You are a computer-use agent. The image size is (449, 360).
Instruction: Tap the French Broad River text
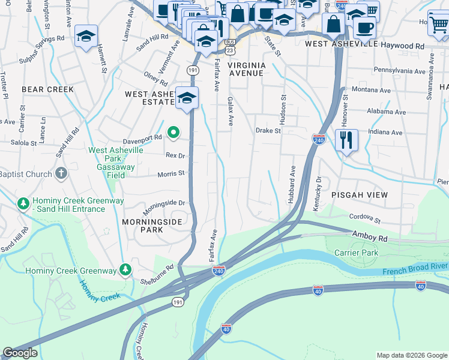click(x=415, y=265)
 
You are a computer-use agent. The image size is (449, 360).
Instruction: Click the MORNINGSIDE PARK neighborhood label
click(x=160, y=226)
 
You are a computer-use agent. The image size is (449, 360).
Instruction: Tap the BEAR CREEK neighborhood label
click(x=47, y=89)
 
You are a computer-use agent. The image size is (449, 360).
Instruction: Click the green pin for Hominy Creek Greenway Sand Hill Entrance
click(x=23, y=204)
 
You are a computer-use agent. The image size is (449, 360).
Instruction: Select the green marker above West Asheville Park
click(x=173, y=133)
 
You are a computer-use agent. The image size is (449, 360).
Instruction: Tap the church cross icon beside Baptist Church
click(x=61, y=174)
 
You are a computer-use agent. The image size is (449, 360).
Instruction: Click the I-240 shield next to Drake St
click(x=319, y=139)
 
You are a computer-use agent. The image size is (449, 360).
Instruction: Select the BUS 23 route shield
click(x=231, y=47)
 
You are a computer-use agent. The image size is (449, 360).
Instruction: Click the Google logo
click(x=20, y=353)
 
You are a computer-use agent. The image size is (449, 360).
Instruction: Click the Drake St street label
click(x=268, y=130)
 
